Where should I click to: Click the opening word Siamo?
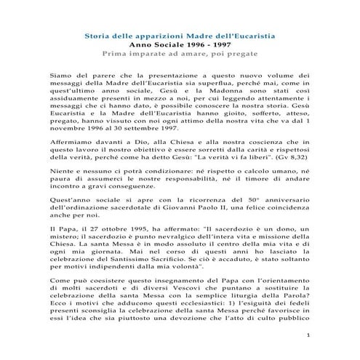tap(60, 75)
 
